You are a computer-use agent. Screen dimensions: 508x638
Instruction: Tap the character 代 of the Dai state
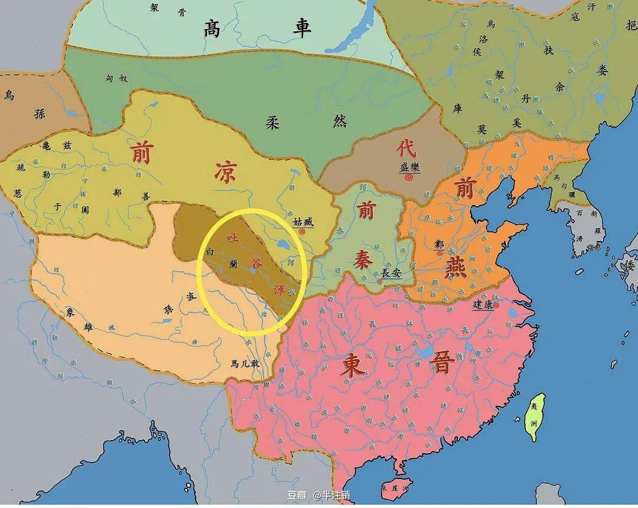click(406, 148)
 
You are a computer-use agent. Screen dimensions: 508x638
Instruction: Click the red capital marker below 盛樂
click(409, 177)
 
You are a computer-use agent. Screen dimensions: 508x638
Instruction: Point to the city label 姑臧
click(303, 223)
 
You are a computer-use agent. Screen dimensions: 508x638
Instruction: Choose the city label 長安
click(392, 273)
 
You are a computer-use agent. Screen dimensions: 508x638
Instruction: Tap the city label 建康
click(483, 305)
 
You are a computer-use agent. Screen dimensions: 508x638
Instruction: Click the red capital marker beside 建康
click(496, 305)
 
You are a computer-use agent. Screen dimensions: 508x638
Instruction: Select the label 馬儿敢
click(246, 364)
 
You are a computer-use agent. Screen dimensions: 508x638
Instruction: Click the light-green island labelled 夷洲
click(535, 416)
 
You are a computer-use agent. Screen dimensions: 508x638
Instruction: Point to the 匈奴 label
click(116, 79)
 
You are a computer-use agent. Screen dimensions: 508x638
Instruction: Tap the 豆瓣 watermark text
click(297, 495)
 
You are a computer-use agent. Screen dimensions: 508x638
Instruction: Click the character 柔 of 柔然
click(272, 122)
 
